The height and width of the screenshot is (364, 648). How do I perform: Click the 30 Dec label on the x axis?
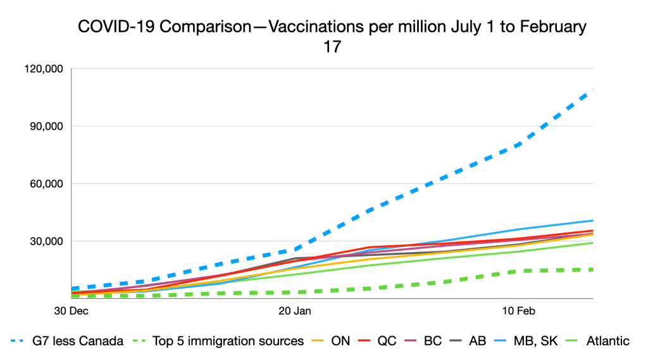point(70,311)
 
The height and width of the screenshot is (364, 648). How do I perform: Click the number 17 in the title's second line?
point(332,47)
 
